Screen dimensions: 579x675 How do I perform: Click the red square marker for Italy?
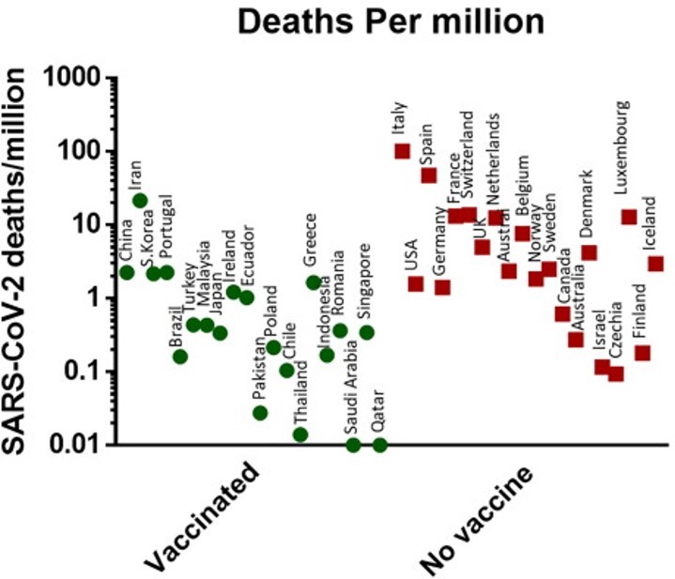click(x=402, y=151)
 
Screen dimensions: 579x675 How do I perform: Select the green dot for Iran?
click(x=140, y=200)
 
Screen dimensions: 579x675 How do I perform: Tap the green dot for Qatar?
click(x=379, y=444)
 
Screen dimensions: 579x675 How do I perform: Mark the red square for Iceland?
click(x=655, y=264)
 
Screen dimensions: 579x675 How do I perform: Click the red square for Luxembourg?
click(x=629, y=218)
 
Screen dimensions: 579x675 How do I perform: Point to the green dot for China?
click(x=127, y=272)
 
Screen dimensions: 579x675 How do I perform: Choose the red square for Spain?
click(x=429, y=175)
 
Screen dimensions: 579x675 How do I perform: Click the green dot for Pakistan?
click(x=260, y=412)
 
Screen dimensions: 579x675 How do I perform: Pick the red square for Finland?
click(x=642, y=353)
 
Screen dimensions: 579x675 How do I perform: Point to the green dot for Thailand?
click(x=300, y=434)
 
